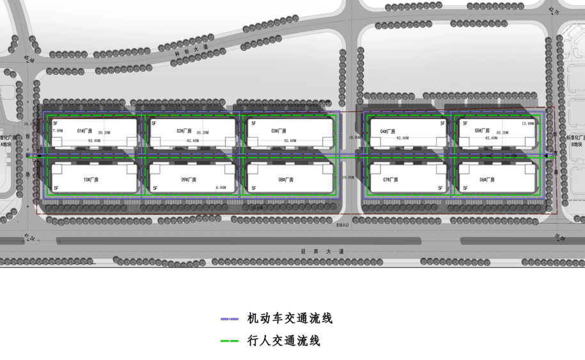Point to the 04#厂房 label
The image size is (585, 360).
(388, 131)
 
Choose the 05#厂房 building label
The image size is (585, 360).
(482, 130)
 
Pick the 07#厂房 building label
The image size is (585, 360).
(391, 180)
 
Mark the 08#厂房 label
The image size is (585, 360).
(286, 180)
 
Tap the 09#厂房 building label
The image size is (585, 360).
(189, 180)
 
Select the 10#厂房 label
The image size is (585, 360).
(91, 180)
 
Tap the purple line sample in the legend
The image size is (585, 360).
(229, 318)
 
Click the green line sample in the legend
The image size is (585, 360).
(229, 341)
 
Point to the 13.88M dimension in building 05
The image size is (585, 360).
(527, 123)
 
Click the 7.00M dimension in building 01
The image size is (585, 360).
(58, 130)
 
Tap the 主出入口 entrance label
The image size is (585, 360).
(342, 225)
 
